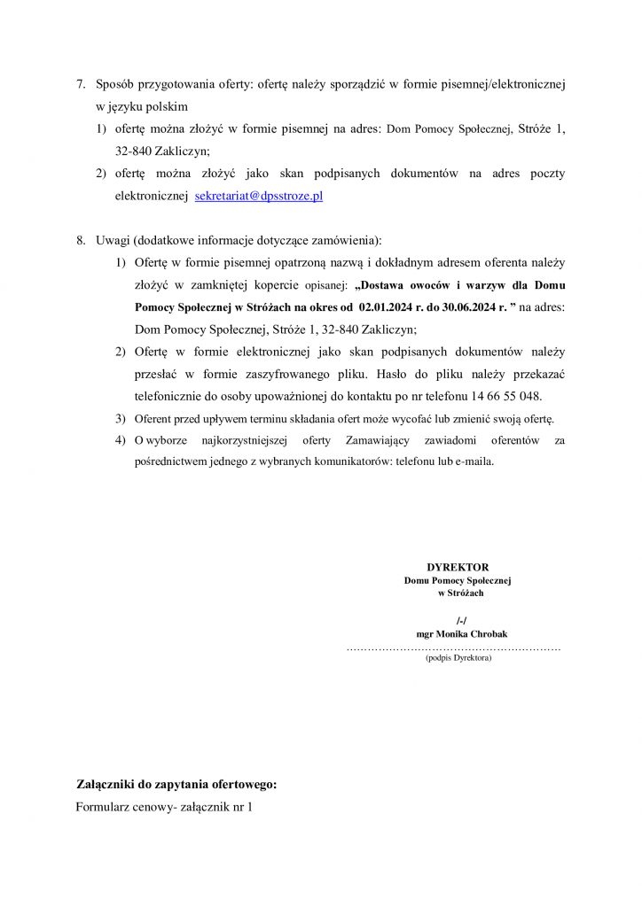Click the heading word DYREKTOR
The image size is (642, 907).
click(x=458, y=567)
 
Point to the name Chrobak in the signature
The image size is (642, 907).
click(x=489, y=634)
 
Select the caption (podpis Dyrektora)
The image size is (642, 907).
click(x=458, y=658)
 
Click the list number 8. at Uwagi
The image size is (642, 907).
click(x=81, y=240)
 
